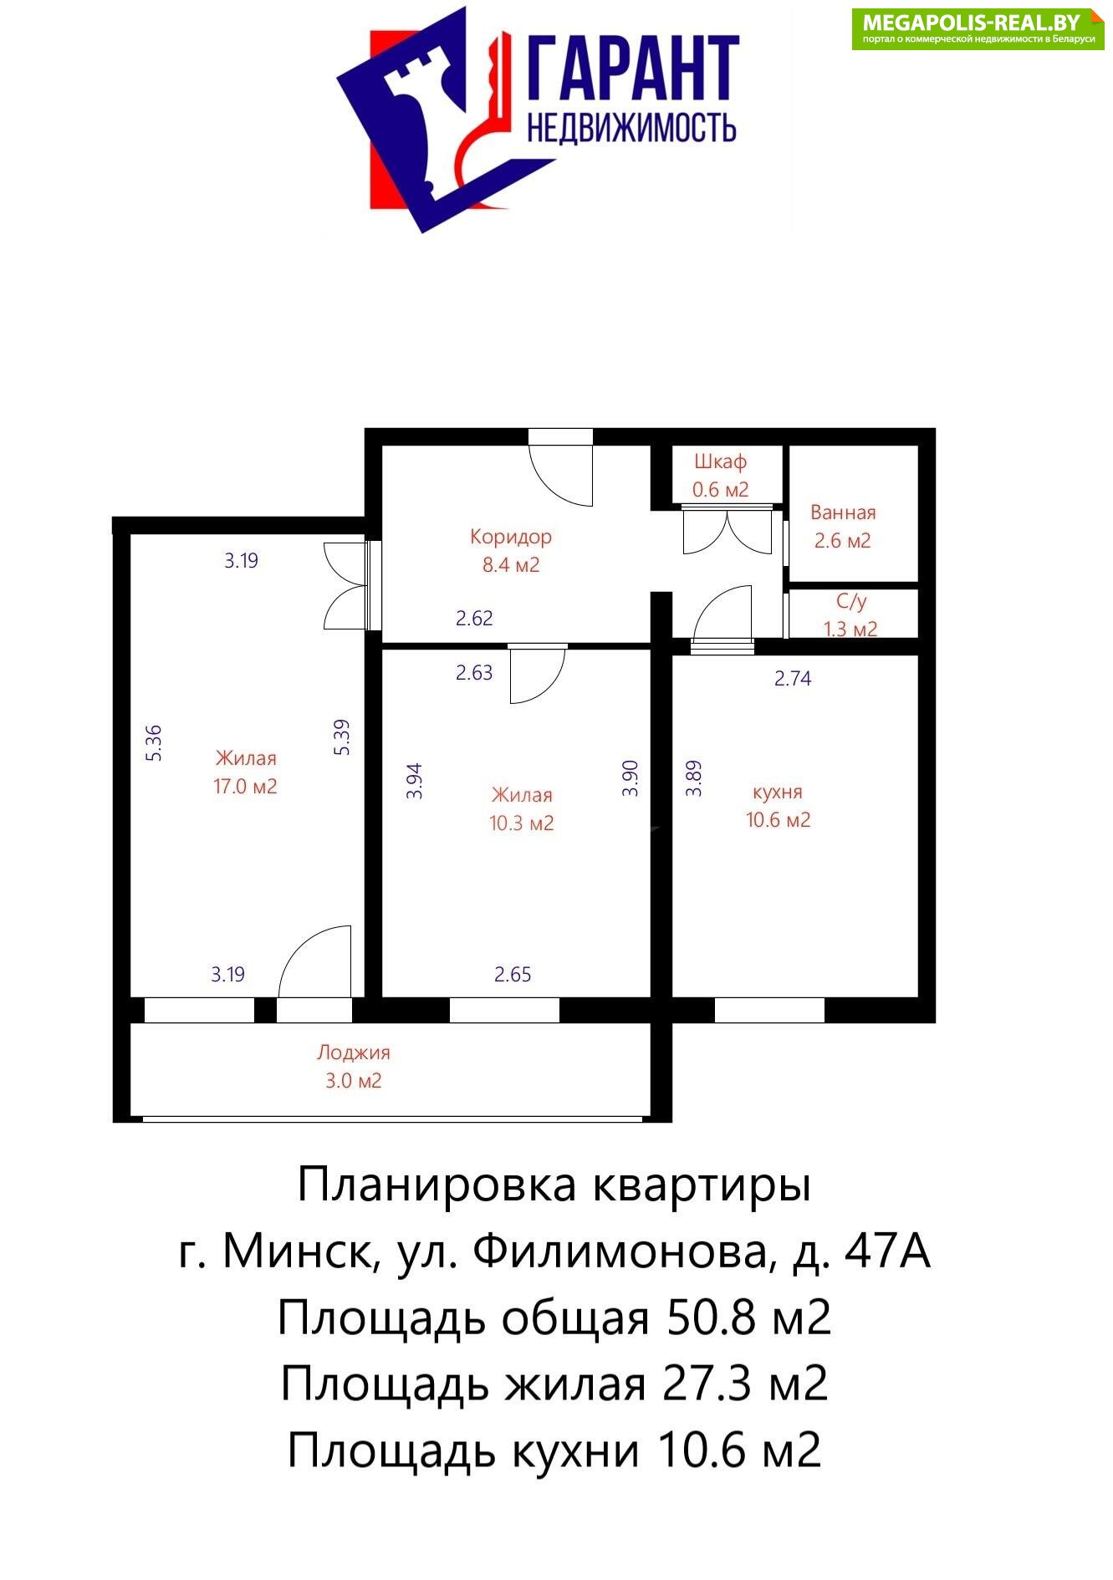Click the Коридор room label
pyautogui.click(x=510, y=537)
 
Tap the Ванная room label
pyautogui.click(x=843, y=512)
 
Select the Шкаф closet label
pyautogui.click(x=720, y=462)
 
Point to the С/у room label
pyautogui.click(x=851, y=601)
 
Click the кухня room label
pyautogui.click(x=778, y=793)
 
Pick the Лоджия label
pyautogui.click(x=354, y=1053)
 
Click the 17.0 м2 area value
pyautogui.click(x=245, y=787)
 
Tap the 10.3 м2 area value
pyautogui.click(x=522, y=823)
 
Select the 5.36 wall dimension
pyautogui.click(x=154, y=742)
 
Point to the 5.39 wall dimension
pyautogui.click(x=342, y=737)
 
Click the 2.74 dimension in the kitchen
pyautogui.click(x=793, y=678)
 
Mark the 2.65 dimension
pyautogui.click(x=513, y=974)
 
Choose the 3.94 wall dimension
pyautogui.click(x=415, y=781)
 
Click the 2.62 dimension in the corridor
pyautogui.click(x=474, y=619)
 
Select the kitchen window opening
pyautogui.click(x=769, y=1010)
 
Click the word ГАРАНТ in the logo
pyautogui.click(x=633, y=69)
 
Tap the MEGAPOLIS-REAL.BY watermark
pyautogui.click(x=972, y=22)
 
